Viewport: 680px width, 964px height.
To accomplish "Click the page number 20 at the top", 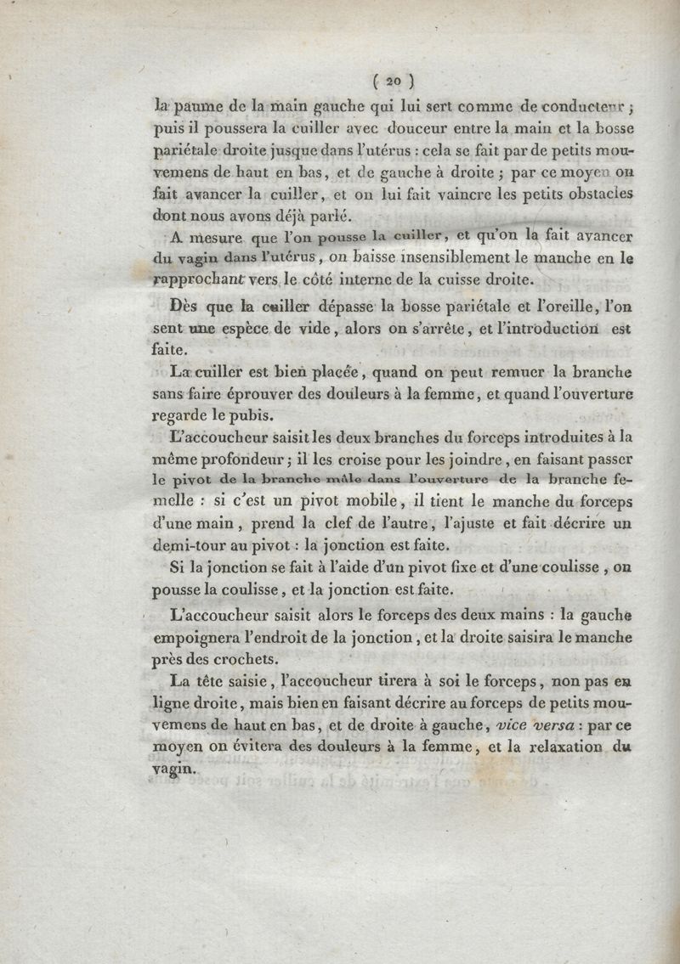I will point(393,82).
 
